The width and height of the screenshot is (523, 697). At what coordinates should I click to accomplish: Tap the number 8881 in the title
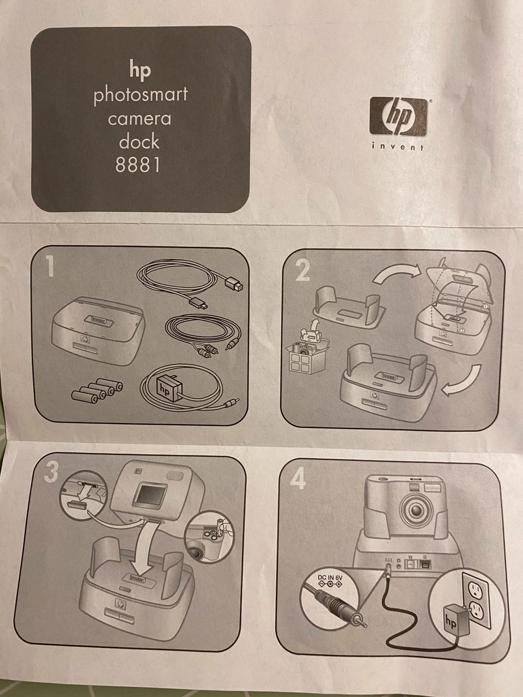[x=137, y=165]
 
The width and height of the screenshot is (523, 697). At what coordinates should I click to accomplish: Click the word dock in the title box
[x=139, y=141]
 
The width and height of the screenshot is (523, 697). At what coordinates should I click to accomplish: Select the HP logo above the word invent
[x=398, y=117]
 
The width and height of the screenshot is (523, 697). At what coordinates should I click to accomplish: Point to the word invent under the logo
[x=398, y=146]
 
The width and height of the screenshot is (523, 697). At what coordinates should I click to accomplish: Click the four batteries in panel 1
[x=97, y=390]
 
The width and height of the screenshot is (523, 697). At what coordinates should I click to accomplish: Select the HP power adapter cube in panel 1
[x=167, y=388]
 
